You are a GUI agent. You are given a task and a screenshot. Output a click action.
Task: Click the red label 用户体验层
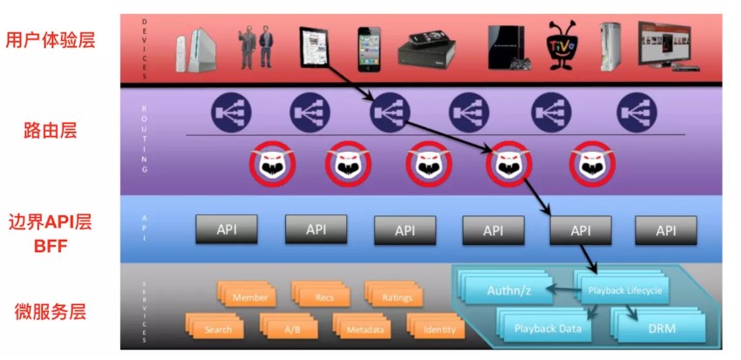pyautogui.click(x=50, y=40)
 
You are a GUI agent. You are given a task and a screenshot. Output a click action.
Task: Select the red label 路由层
pyautogui.click(x=50, y=132)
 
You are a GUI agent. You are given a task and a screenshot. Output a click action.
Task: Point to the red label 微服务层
pyautogui.click(x=50, y=311)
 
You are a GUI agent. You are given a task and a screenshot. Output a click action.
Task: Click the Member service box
pyautogui.click(x=249, y=298)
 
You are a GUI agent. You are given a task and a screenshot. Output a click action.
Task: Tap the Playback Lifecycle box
pyautogui.click(x=624, y=290)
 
